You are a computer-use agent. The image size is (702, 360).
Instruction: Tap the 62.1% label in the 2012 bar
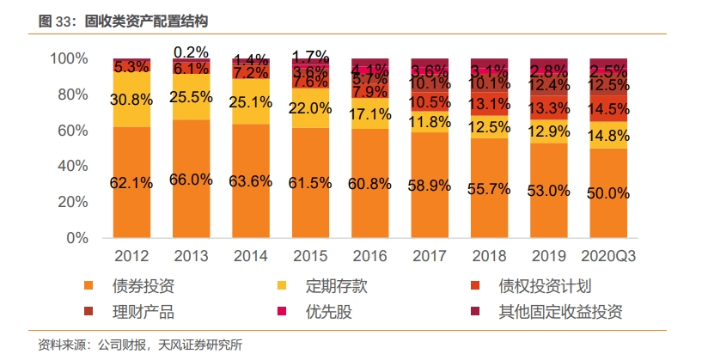pyautogui.click(x=131, y=183)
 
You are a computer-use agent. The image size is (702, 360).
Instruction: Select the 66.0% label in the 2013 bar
pyautogui.click(x=191, y=180)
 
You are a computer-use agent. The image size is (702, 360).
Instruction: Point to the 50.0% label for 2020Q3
pyautogui.click(x=607, y=194)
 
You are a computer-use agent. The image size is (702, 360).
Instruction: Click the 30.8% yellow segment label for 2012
pyautogui.click(x=131, y=99)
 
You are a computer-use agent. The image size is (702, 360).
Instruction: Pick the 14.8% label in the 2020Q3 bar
pyautogui.click(x=607, y=135)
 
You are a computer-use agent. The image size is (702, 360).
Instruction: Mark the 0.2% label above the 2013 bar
pyautogui.click(x=191, y=52)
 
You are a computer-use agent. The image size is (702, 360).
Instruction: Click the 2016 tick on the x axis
pyautogui.click(x=369, y=256)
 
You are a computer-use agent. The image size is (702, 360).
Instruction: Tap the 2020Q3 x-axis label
pyautogui.click(x=607, y=256)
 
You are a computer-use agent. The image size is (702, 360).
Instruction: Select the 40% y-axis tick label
pyautogui.click(x=72, y=166)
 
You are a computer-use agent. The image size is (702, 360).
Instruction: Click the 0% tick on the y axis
pyautogui.click(x=78, y=238)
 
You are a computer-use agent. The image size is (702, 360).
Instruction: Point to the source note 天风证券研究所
pyautogui.click(x=202, y=345)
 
